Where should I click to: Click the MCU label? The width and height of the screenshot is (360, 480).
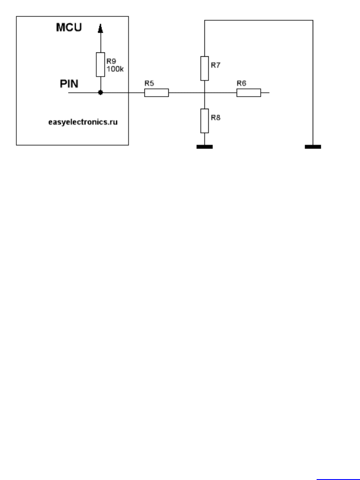tap(69, 28)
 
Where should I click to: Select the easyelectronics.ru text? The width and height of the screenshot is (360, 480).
tap(82, 122)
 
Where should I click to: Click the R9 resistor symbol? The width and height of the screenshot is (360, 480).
tap(101, 65)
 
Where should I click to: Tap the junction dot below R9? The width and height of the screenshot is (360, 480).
tap(101, 92)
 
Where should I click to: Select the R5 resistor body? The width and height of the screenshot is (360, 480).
tap(156, 92)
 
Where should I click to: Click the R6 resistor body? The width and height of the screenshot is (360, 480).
tap(248, 92)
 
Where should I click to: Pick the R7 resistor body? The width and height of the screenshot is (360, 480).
tap(204, 68)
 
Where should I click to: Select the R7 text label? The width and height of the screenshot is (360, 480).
tap(216, 65)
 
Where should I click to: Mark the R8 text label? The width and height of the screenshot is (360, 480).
tap(216, 117)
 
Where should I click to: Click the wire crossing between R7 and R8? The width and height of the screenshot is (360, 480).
tap(204, 92)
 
